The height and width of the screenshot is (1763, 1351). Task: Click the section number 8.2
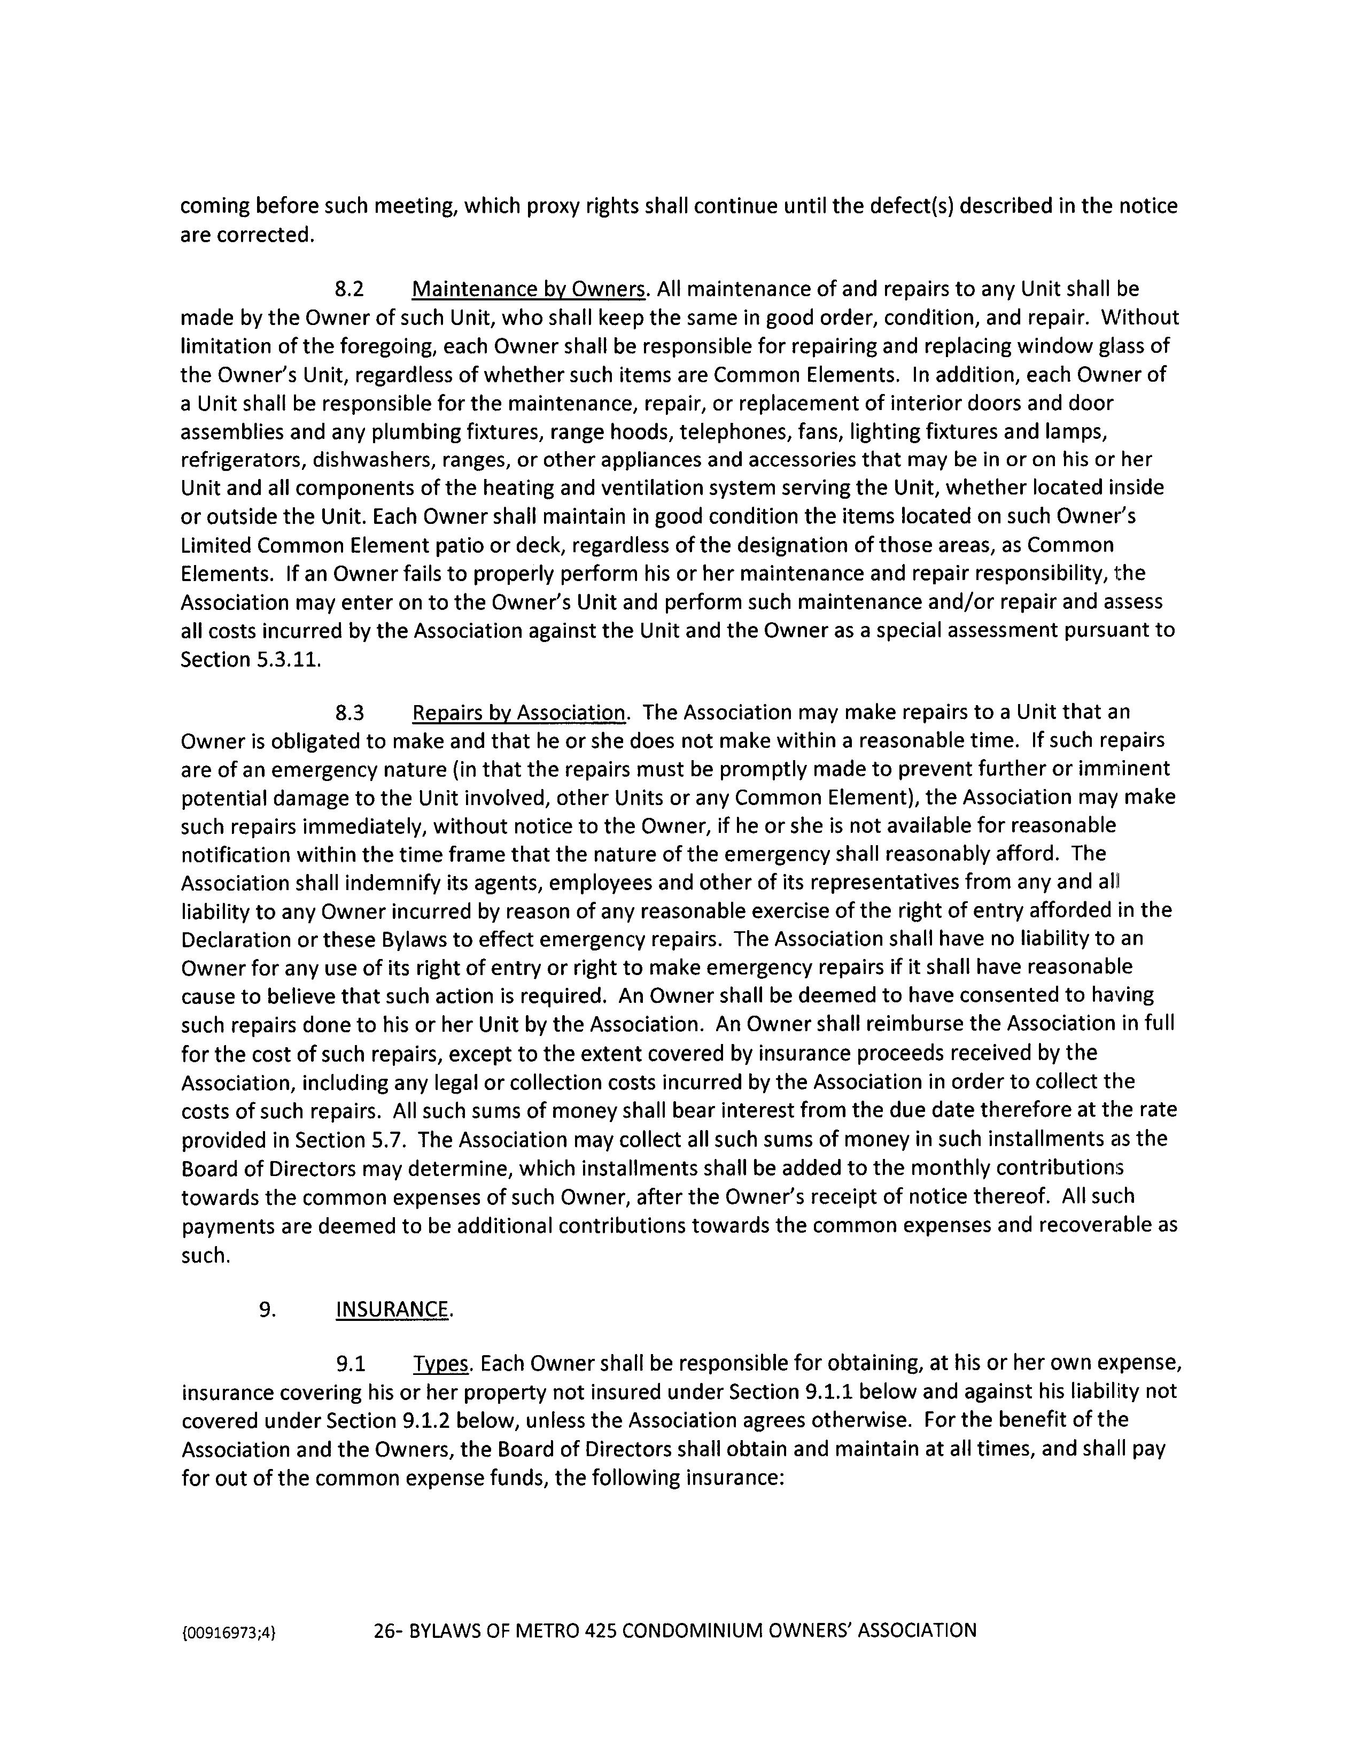(x=349, y=290)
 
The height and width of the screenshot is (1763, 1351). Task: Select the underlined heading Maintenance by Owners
(x=529, y=290)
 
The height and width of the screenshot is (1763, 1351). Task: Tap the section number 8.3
(x=349, y=713)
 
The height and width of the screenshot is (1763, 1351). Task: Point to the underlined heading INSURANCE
(x=392, y=1309)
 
